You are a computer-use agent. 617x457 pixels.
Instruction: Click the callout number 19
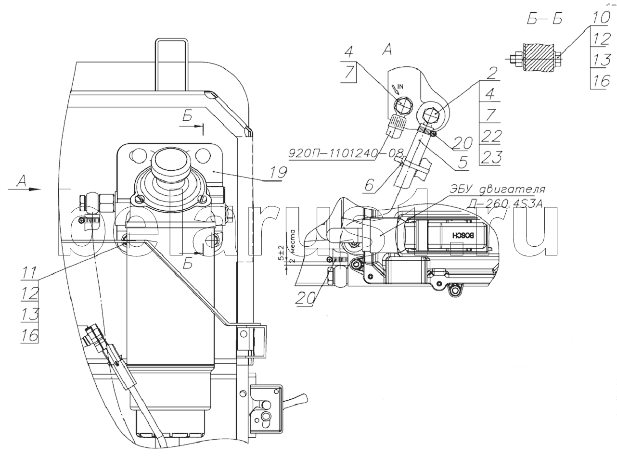[278, 172]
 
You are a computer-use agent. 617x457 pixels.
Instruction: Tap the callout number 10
[600, 19]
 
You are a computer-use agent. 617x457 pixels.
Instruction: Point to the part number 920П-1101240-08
[346, 154]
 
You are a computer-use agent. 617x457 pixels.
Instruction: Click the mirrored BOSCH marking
[463, 235]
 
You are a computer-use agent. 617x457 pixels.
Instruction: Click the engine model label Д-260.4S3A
[504, 204]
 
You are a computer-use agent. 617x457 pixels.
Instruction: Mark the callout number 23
[490, 157]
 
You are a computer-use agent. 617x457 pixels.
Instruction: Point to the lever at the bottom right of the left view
[297, 398]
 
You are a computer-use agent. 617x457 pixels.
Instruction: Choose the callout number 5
[462, 163]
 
